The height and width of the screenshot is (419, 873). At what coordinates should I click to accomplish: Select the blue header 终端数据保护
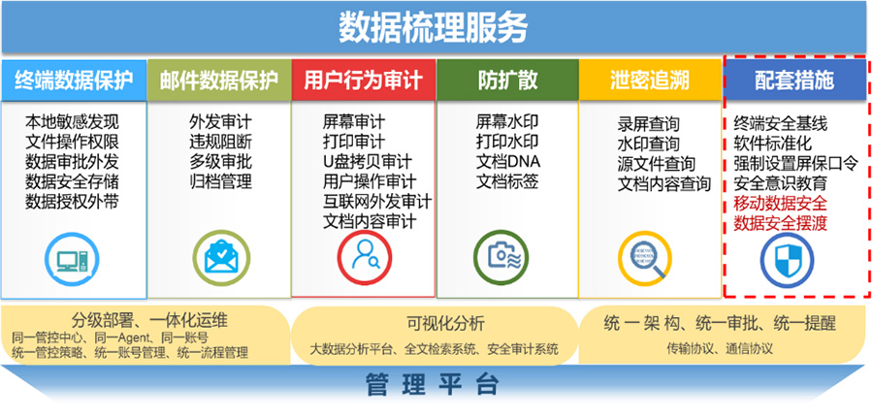(x=74, y=81)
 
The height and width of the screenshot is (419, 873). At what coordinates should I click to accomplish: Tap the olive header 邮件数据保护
(x=219, y=81)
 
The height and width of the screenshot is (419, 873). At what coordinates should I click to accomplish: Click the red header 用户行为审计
(x=363, y=81)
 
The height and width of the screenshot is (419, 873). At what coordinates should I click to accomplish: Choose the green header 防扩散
(x=507, y=81)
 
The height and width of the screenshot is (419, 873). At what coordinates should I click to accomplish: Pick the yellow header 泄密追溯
(x=650, y=81)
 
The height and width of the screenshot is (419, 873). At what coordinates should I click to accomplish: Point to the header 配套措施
(x=794, y=81)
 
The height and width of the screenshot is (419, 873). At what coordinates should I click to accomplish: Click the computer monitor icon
(x=72, y=259)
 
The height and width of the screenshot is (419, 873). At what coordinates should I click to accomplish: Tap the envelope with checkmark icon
(x=221, y=258)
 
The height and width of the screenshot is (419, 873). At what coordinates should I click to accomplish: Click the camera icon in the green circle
(x=501, y=258)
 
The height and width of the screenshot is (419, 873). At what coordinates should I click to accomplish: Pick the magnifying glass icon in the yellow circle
(x=646, y=259)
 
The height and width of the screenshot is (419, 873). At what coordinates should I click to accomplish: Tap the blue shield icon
(x=788, y=260)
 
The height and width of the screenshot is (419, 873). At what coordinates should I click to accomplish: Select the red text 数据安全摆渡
(x=781, y=222)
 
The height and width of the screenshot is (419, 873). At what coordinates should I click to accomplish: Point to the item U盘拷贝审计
(x=368, y=161)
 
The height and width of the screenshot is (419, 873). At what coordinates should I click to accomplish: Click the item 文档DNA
(x=508, y=161)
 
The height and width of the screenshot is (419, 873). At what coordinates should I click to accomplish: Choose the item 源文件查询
(x=657, y=164)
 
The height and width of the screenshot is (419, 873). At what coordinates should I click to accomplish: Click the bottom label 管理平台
(x=433, y=384)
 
